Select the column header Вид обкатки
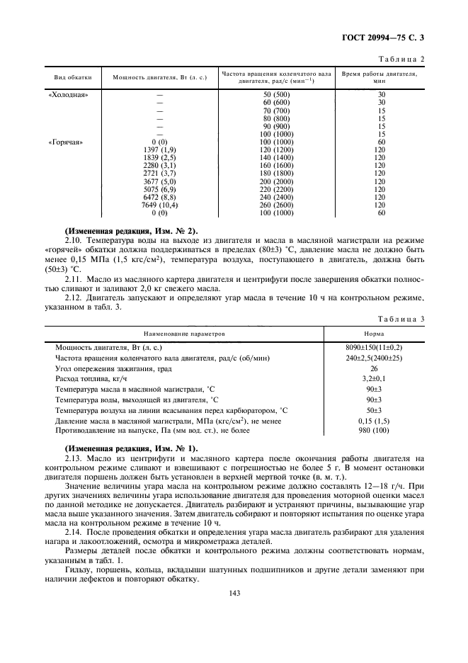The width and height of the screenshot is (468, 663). [x=68, y=76]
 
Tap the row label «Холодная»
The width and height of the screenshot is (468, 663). [x=67, y=94]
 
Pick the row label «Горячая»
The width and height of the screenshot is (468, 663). [x=66, y=142]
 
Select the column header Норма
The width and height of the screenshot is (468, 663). [x=375, y=332]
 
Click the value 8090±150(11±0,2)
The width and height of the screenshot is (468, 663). [x=375, y=348]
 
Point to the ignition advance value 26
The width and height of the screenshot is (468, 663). [x=375, y=369]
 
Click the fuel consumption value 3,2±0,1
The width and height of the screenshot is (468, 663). [x=375, y=380]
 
